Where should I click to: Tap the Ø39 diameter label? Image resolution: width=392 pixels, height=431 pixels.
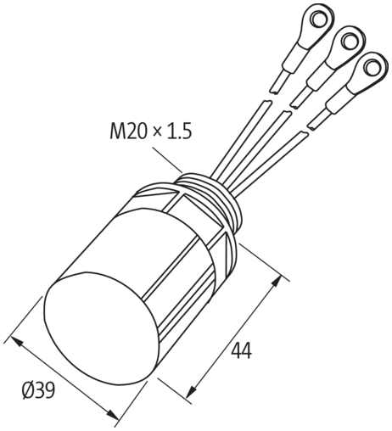pos(40,391)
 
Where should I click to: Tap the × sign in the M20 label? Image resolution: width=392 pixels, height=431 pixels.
pos(157,132)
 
